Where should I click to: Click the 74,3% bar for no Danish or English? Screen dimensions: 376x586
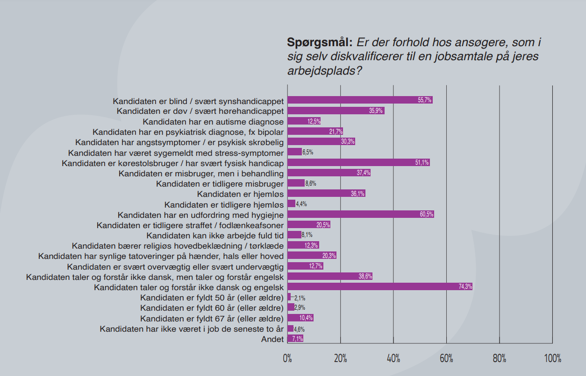pos(379,286)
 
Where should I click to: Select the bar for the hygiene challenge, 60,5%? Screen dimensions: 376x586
pos(361,214)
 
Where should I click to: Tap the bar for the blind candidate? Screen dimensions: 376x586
pos(360,100)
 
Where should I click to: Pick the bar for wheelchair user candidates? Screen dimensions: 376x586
pos(358,162)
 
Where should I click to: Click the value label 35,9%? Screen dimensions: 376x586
pos(376,111)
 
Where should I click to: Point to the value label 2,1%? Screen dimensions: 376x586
pos(300,298)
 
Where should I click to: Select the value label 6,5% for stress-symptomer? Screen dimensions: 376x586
pos(307,152)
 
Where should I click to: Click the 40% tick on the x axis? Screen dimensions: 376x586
pos(393,358)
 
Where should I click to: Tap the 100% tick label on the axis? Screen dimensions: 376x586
pos(552,358)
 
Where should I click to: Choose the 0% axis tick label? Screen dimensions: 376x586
pos(287,358)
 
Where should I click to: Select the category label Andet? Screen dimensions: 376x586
pos(272,339)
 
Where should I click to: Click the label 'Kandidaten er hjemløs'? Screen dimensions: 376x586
pos(240,194)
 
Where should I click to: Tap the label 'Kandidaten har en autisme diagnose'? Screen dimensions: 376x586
pos(213,121)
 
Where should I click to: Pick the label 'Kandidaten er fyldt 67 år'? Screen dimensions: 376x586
pos(212,319)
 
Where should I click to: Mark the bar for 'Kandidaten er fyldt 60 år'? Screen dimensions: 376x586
pos(291,307)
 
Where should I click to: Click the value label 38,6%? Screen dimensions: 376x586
pos(365,276)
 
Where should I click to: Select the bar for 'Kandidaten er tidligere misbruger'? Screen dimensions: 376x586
pos(296,183)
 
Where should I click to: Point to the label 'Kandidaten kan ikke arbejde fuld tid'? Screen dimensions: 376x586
pos(215,235)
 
